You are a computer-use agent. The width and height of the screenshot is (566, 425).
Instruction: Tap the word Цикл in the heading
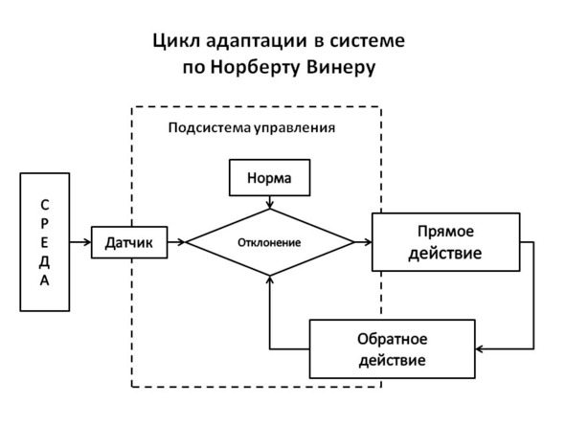coord(176,41)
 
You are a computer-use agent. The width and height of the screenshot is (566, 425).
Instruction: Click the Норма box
coord(270,177)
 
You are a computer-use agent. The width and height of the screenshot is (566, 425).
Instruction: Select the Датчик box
coord(129,242)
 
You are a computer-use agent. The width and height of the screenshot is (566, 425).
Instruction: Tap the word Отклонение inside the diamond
coord(269,242)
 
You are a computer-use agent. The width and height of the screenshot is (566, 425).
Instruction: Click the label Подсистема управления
coord(252,127)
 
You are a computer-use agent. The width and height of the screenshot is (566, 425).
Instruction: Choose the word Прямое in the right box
coord(445,232)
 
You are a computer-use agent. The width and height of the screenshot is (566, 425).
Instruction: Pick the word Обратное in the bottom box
coord(393,339)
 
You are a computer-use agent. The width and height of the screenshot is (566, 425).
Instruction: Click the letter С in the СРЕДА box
coord(44,205)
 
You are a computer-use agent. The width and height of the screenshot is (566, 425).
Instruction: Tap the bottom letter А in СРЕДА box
coord(44,280)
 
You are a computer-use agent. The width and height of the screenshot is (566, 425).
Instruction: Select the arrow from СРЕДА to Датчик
coord(80,242)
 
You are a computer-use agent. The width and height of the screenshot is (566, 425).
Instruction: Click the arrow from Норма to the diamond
coord(270,202)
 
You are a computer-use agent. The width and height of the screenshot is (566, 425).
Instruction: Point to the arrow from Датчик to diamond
coord(176,242)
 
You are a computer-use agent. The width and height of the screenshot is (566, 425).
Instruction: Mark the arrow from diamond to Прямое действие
coord(363,242)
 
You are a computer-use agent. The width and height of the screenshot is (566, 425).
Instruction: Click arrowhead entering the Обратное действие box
coord(480,348)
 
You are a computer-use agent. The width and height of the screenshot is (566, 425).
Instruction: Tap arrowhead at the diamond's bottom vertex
coord(270,280)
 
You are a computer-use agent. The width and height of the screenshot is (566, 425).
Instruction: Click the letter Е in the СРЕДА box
coord(44,242)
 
